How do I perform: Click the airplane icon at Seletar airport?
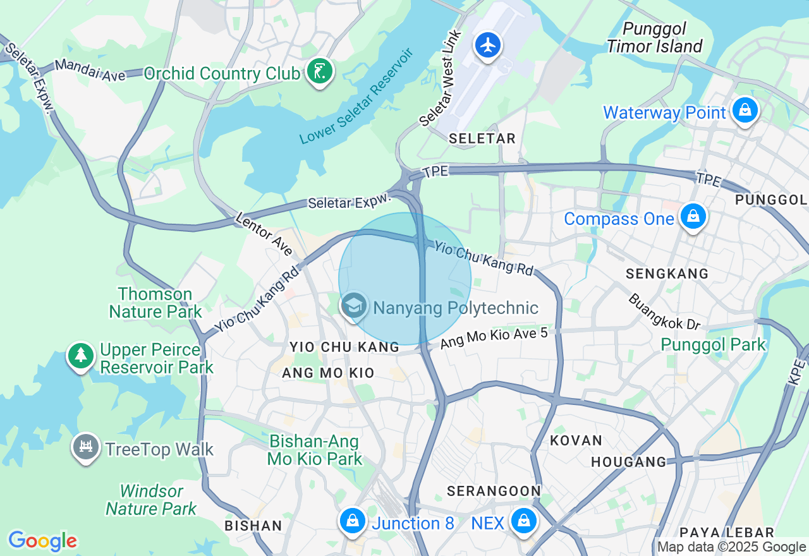click(488, 45)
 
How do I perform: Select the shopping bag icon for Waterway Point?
click(746, 111)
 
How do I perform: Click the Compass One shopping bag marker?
click(693, 217)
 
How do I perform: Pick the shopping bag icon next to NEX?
click(523, 521)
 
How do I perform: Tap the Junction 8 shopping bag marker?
click(353, 521)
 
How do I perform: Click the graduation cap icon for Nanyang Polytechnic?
click(354, 306)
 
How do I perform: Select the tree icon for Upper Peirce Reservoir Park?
click(81, 355)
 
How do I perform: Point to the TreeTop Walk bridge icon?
click(86, 447)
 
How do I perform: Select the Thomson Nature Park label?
click(155, 303)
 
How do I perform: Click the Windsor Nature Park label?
click(151, 500)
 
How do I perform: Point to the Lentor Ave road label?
click(264, 234)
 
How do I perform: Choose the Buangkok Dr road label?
click(664, 311)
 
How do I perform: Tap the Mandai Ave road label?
click(90, 70)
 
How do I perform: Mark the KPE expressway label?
click(798, 373)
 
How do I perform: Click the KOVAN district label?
click(576, 440)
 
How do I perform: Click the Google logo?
click(42, 541)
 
